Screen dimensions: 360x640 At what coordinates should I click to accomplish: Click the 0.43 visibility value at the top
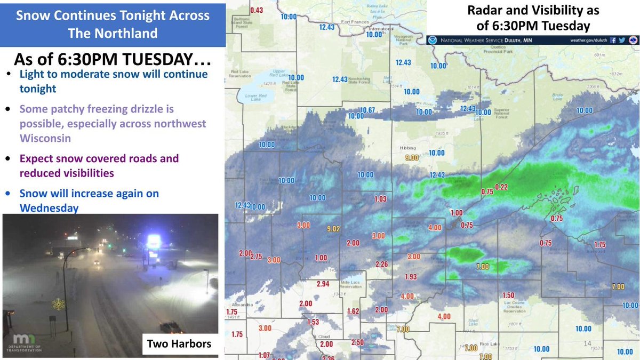click(257, 10)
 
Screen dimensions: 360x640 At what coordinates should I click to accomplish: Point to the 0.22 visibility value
click(501, 186)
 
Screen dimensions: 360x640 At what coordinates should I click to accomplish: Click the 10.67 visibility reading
click(367, 110)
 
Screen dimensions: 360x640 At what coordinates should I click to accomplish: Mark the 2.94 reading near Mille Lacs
click(323, 283)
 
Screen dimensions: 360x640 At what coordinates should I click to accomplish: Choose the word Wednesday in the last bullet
click(50, 207)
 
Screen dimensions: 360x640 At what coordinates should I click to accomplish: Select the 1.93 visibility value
click(411, 277)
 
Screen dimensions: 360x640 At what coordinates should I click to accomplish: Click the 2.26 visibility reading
click(381, 264)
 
